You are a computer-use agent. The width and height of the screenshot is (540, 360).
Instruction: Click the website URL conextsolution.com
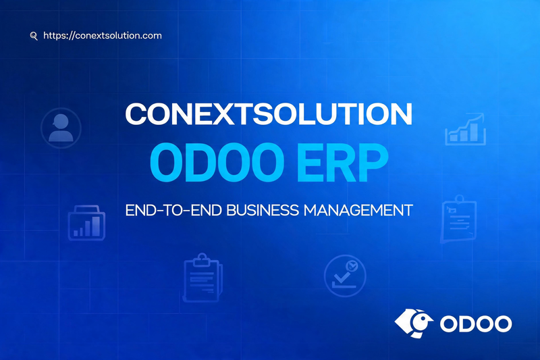[103, 36]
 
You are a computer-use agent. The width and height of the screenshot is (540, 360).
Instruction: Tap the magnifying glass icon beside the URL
[34, 36]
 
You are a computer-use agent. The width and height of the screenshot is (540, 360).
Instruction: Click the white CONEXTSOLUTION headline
[269, 114]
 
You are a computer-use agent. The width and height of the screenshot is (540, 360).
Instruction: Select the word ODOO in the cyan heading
[217, 162]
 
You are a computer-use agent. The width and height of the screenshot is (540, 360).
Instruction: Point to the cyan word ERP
[343, 162]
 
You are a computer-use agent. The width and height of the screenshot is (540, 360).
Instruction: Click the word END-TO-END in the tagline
[173, 210]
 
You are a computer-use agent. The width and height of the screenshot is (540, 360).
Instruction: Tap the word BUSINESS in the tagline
[263, 210]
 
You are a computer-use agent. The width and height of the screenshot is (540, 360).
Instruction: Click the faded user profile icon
[61, 128]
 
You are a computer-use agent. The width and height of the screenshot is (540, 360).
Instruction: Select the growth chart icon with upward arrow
[465, 129]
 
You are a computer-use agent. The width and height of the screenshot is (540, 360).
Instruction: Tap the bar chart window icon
[86, 223]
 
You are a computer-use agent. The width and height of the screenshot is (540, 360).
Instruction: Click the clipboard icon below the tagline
[202, 278]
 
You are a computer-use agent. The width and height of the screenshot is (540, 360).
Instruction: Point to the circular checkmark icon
[345, 276]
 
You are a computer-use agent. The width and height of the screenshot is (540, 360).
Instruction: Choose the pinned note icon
[459, 220]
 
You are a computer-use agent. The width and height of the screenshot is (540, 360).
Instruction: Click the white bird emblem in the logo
[414, 323]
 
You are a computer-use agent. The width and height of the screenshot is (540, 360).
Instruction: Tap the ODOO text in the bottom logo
[476, 324]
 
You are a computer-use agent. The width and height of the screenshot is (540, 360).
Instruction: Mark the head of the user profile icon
[61, 122]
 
